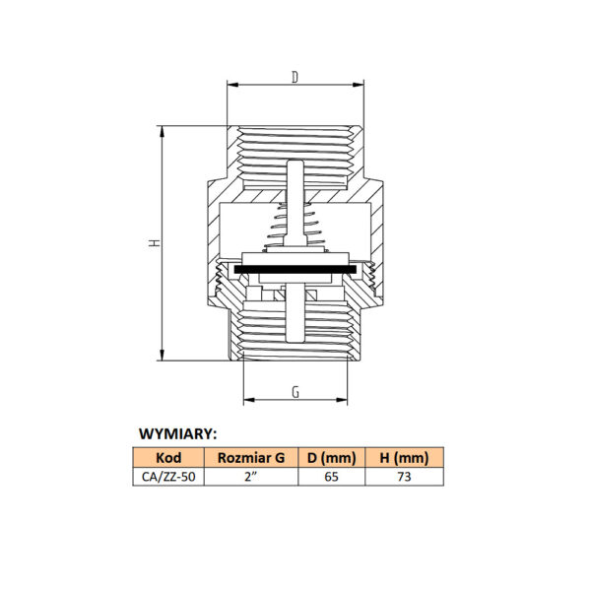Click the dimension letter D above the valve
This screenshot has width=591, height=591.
click(295, 77)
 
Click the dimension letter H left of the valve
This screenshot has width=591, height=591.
click(155, 242)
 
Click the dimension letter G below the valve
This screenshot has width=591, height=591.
click(295, 392)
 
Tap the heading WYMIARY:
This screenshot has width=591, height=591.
click(178, 433)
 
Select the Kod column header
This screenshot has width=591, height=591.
click(168, 458)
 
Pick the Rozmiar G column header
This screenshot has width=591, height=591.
click(251, 458)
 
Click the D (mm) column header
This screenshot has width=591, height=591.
click(332, 458)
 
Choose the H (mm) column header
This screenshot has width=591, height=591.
click(405, 458)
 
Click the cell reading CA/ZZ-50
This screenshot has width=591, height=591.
click(168, 477)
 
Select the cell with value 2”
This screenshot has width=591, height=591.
click(251, 477)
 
